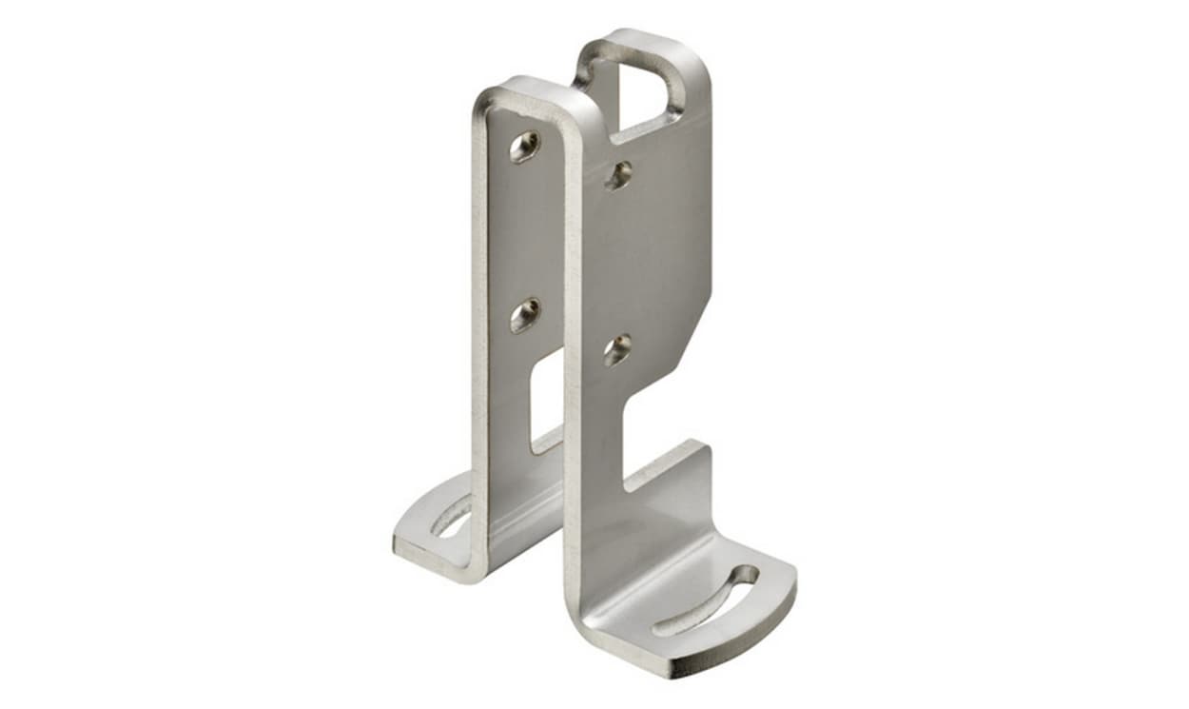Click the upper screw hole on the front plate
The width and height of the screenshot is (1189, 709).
[x=619, y=174]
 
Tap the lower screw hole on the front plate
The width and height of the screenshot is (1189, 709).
[x=617, y=349]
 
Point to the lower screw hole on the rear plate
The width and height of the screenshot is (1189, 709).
[x=524, y=315]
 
